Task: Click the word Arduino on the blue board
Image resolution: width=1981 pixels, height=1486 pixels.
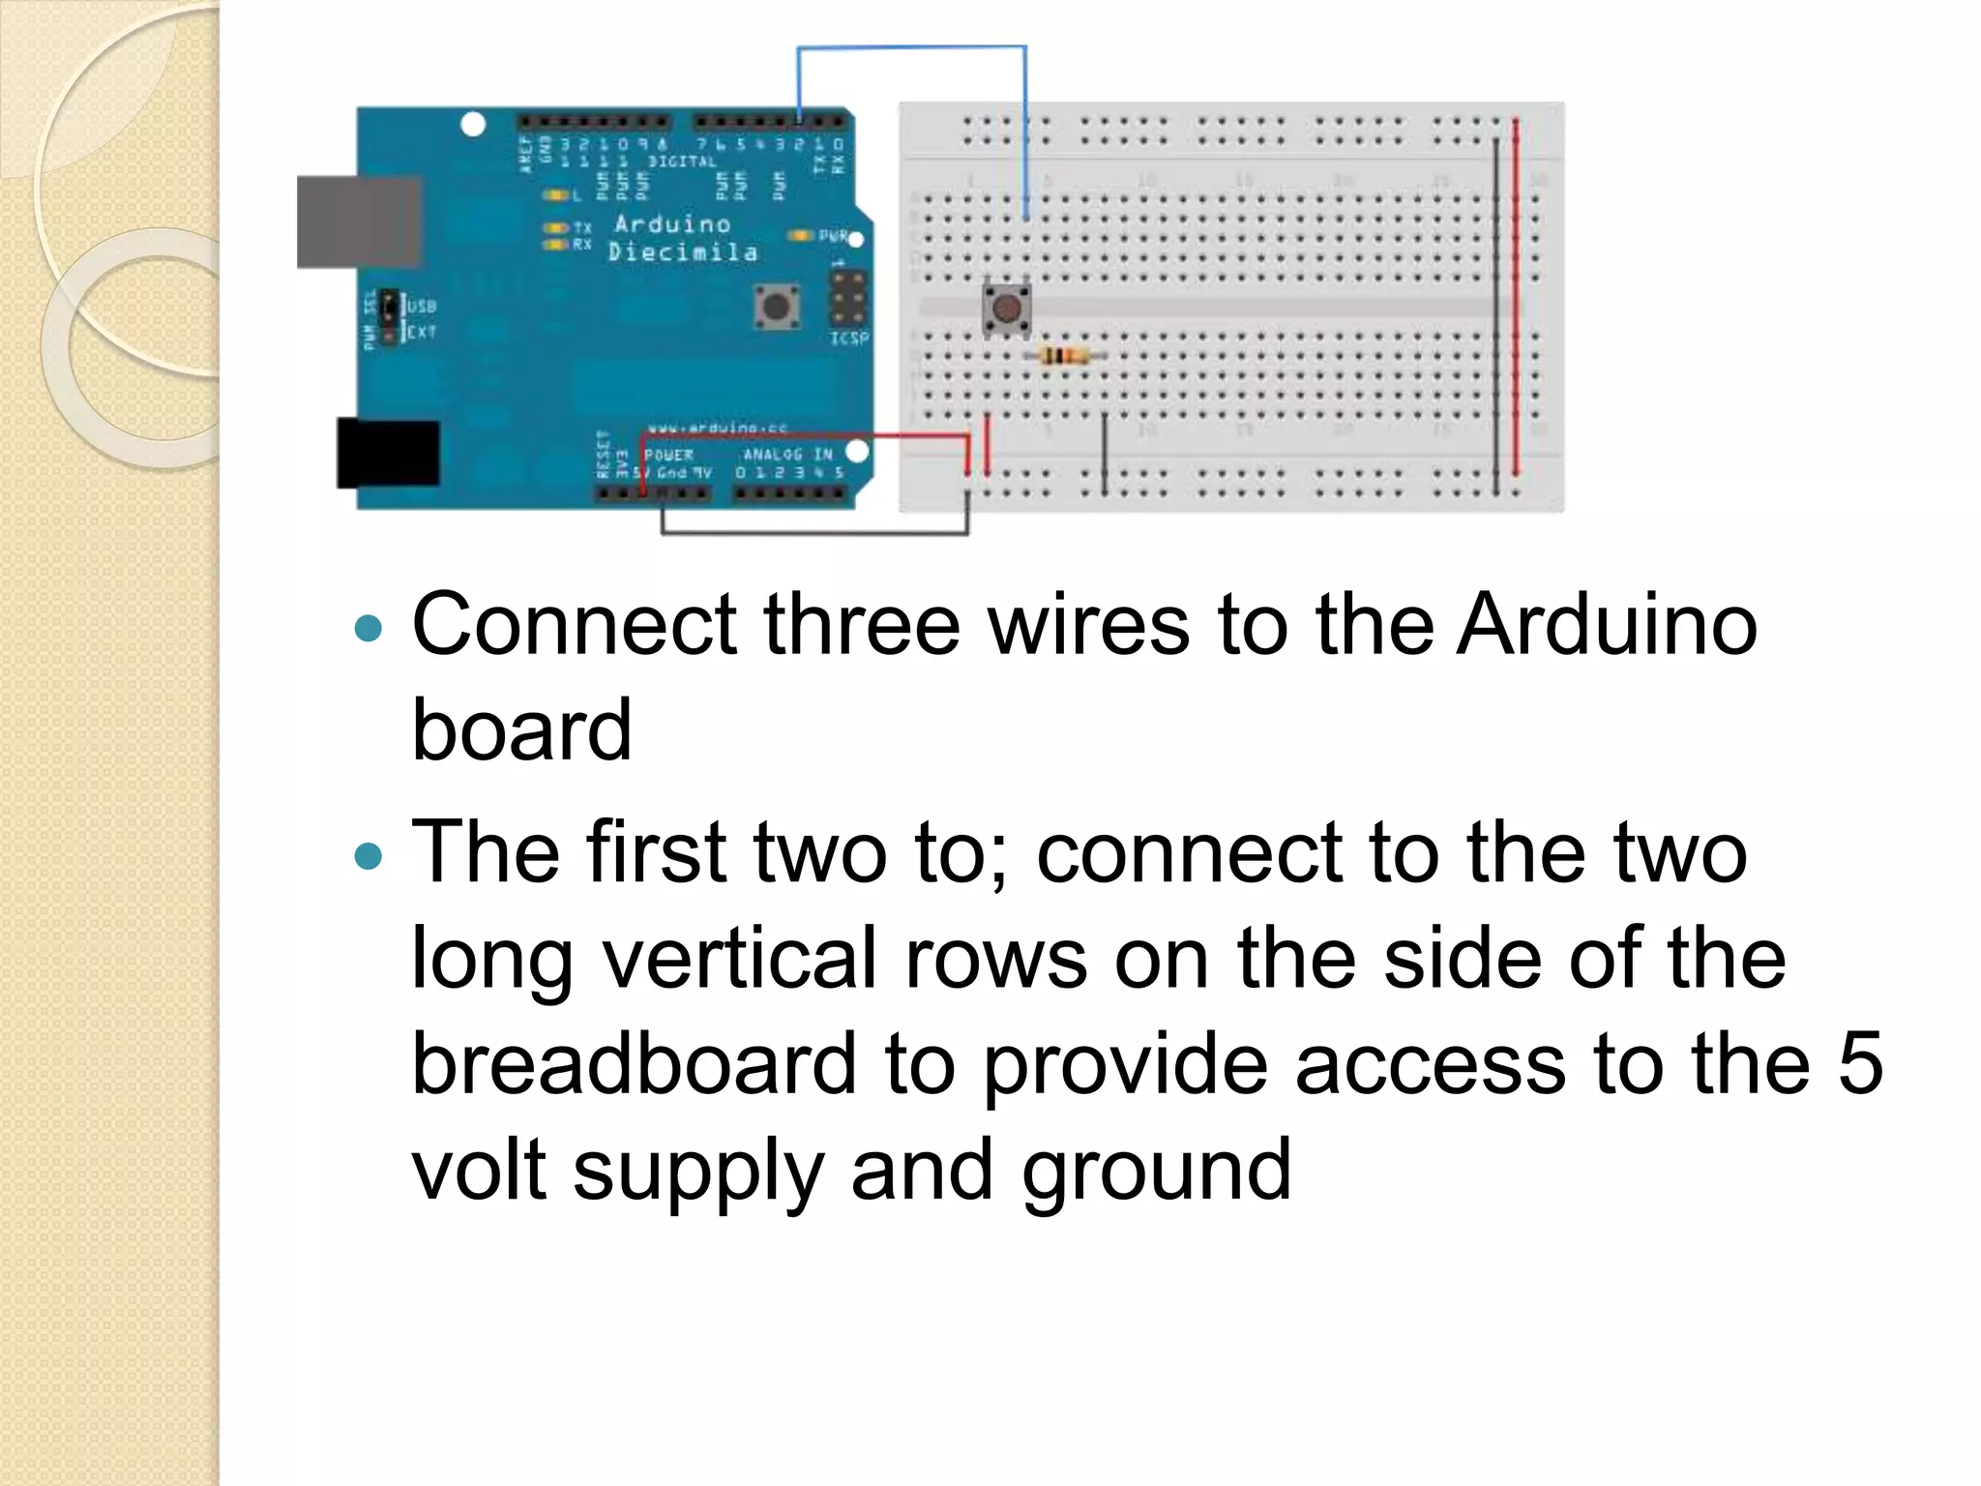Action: (672, 224)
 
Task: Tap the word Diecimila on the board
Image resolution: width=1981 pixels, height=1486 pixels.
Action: (683, 253)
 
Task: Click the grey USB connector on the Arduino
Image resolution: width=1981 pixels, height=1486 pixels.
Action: (358, 222)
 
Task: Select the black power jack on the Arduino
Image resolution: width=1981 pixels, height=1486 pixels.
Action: (388, 453)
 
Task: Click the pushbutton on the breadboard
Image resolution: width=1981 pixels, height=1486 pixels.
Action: (1006, 308)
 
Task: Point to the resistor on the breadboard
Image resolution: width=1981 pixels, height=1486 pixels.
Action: (1063, 356)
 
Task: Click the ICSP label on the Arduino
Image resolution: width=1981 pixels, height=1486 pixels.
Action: (849, 339)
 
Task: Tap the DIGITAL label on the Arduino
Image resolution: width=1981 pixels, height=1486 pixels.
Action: (682, 162)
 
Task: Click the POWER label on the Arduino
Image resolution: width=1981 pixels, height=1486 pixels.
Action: (668, 455)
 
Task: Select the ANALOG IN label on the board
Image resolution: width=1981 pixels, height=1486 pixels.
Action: (787, 454)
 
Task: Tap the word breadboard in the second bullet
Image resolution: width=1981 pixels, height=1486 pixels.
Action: (634, 1064)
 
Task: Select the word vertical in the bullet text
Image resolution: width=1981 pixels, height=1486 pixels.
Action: (740, 959)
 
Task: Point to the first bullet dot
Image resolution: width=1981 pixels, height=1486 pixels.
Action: (369, 630)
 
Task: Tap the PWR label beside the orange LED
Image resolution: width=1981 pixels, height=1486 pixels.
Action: (833, 236)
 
